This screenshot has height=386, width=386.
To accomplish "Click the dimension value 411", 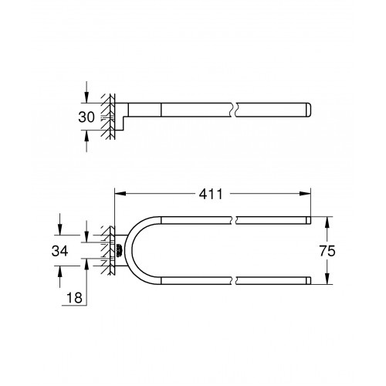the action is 211,194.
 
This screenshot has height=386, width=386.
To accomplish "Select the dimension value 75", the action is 327,251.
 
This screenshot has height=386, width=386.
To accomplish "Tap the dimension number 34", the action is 59,251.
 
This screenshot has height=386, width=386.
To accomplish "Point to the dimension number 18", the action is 74,298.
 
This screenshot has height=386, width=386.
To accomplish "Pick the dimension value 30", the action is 86,117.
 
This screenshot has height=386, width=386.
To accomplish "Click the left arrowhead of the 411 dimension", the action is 120,194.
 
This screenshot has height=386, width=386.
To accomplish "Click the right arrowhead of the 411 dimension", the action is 305,194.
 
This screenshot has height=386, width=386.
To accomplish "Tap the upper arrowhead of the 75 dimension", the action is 327,222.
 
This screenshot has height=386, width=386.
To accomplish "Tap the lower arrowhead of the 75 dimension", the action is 327,279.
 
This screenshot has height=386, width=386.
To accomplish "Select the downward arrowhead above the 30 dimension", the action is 86,97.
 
